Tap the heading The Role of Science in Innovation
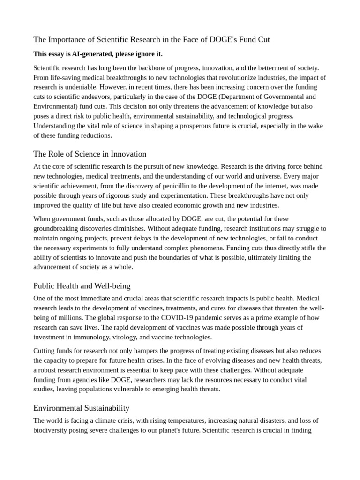point(90,154)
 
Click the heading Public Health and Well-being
point(82,285)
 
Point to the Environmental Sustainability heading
point(82,408)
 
